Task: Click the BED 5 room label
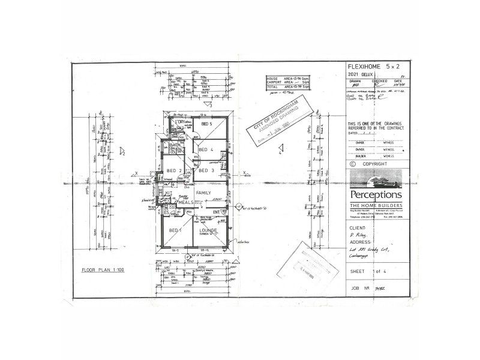click(x=207, y=124)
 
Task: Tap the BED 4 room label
click(x=207, y=149)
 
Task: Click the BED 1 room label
click(x=175, y=230)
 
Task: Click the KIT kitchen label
click(x=169, y=193)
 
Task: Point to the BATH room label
click(x=175, y=145)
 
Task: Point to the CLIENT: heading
click(x=358, y=228)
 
